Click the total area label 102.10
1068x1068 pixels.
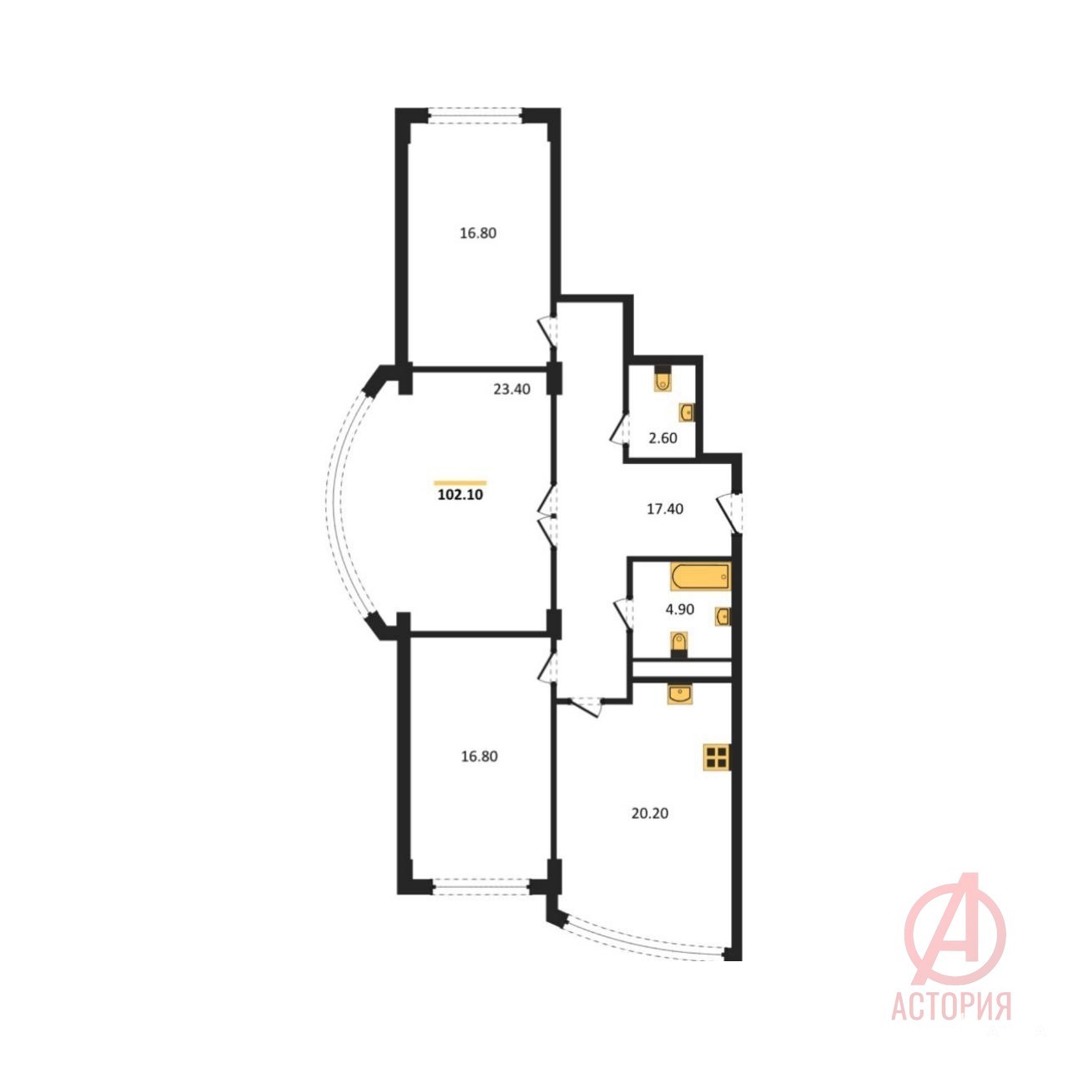coord(460,495)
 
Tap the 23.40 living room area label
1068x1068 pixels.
coord(511,390)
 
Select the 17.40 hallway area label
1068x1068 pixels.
coord(664,509)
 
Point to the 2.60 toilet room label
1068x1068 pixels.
coord(662,438)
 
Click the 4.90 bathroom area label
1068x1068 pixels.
coord(679,610)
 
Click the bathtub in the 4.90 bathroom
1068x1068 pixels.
coord(700,577)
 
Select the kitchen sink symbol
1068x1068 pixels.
coord(680,694)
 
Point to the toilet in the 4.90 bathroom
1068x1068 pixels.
coord(679,645)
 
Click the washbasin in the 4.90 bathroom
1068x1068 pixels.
coord(723,617)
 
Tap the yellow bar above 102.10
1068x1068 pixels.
coord(460,483)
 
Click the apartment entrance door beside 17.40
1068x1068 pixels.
coord(730,512)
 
